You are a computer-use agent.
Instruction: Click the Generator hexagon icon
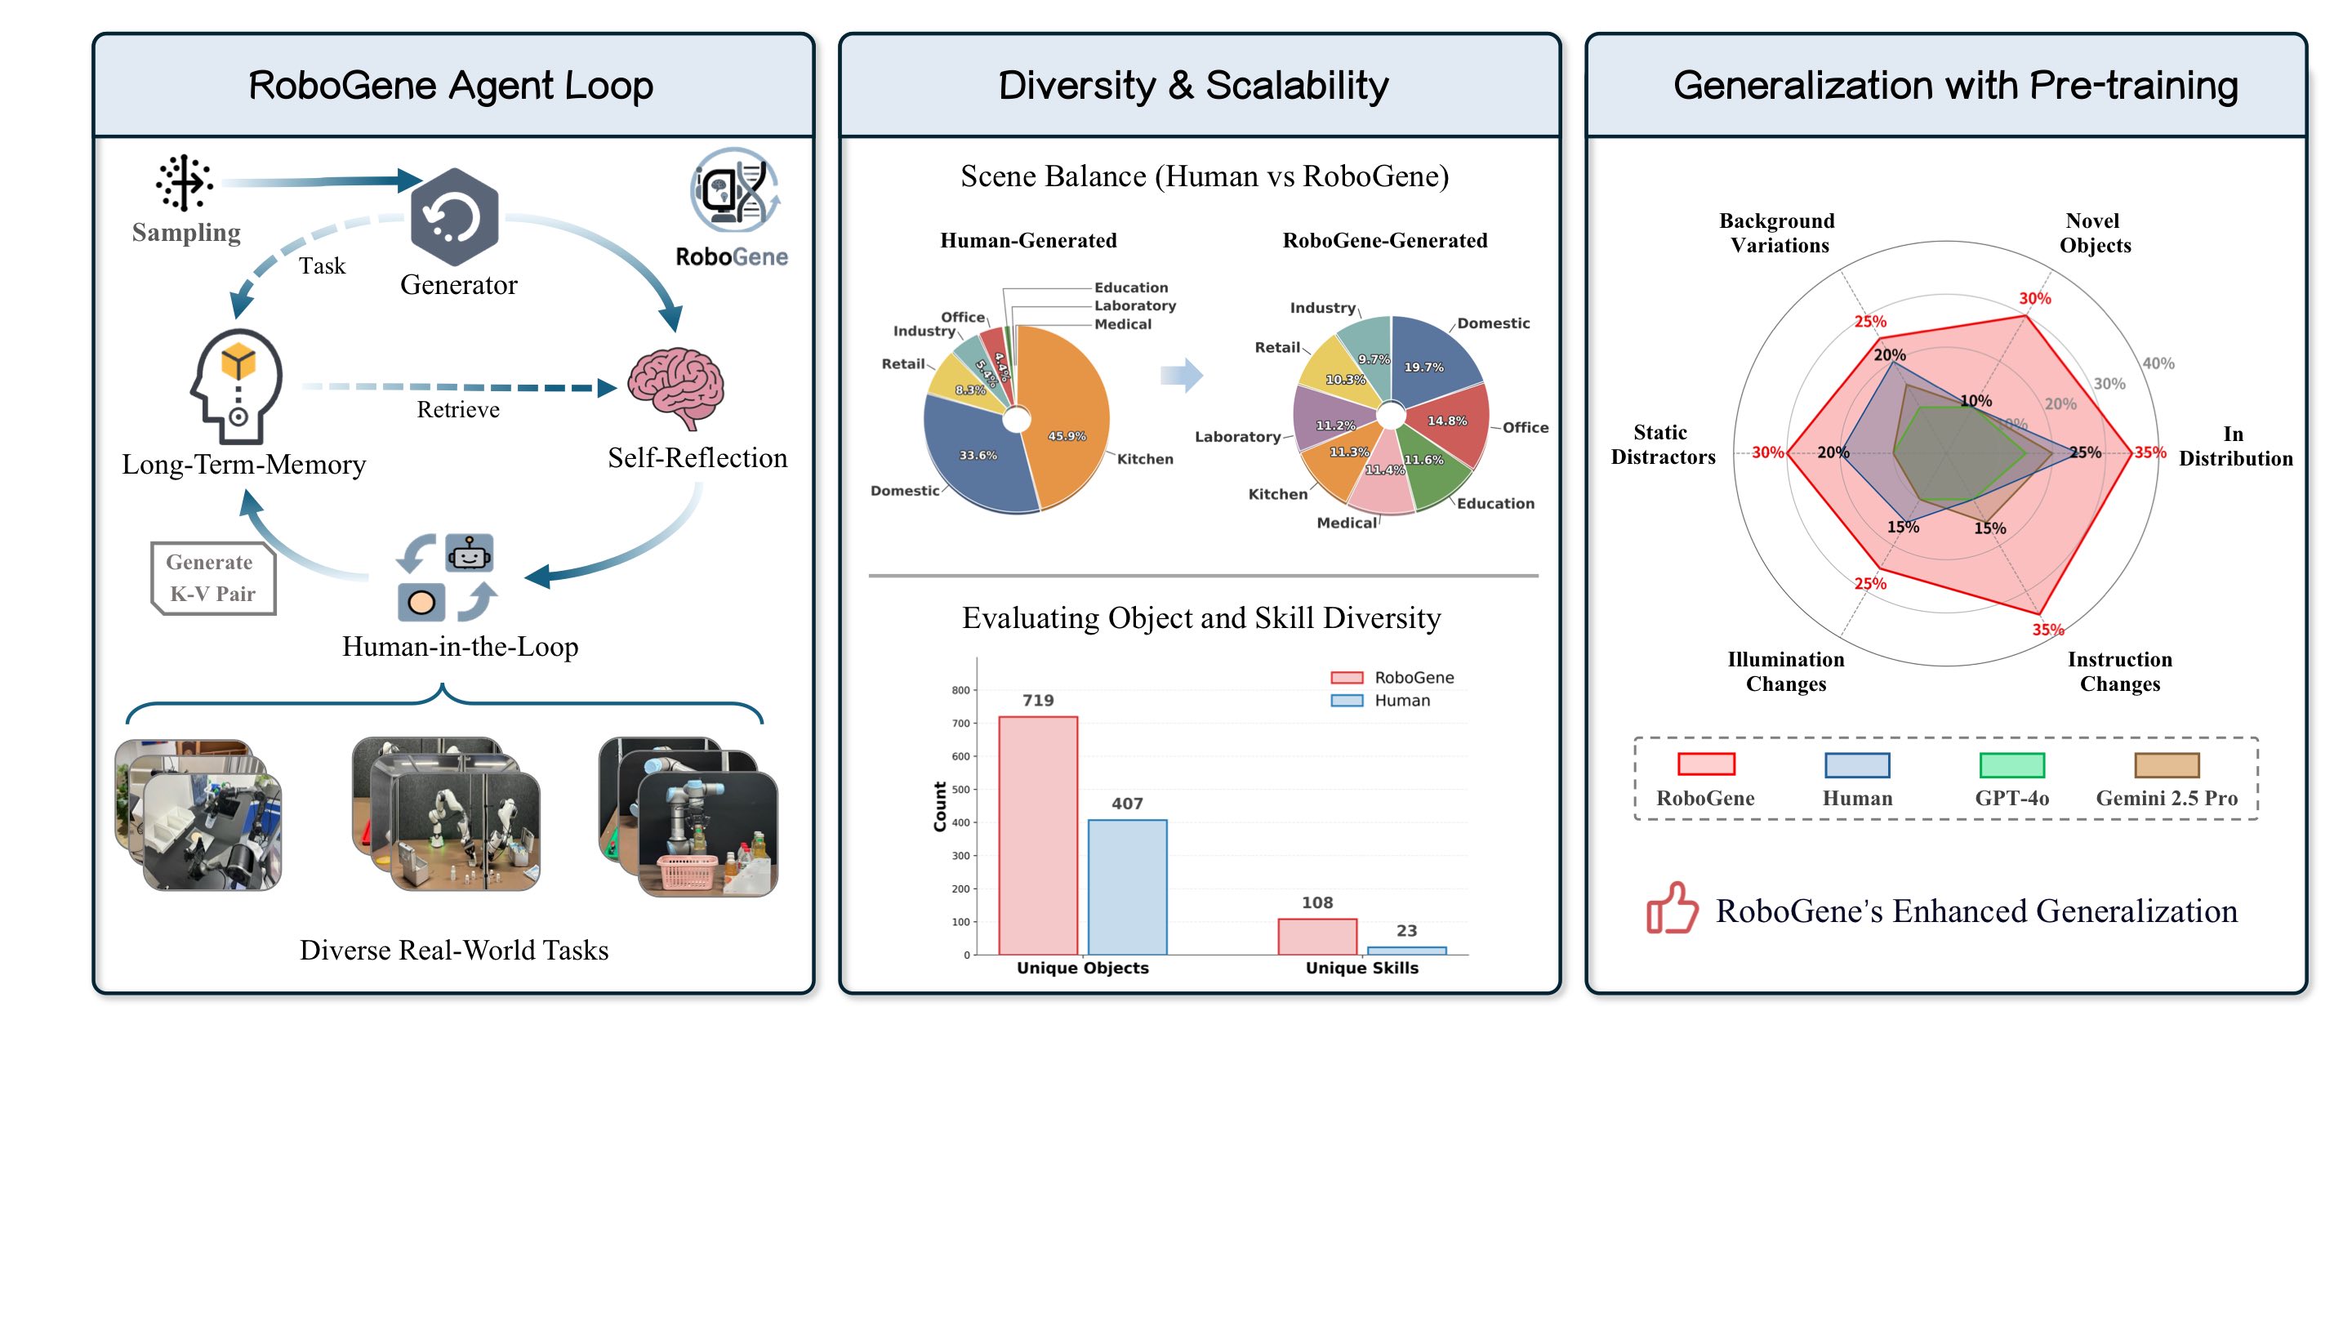coord(454,216)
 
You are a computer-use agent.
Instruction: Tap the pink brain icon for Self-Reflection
coord(676,387)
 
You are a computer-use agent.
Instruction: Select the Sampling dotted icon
coord(185,183)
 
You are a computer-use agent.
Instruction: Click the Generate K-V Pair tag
coord(212,578)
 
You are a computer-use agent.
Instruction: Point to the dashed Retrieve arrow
coord(457,387)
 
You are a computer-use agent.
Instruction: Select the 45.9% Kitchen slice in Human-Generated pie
coord(1063,420)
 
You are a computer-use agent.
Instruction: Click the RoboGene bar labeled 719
coord(1037,835)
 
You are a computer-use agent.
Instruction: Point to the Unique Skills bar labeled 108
coord(1316,936)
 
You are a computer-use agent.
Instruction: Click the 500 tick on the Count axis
coord(960,790)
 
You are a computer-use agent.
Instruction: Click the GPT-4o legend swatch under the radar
coord(2011,765)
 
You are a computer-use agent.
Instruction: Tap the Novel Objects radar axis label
coord(2094,233)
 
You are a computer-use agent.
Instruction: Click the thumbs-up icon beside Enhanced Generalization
coord(1671,908)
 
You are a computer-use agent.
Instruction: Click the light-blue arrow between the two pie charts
coord(1183,376)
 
